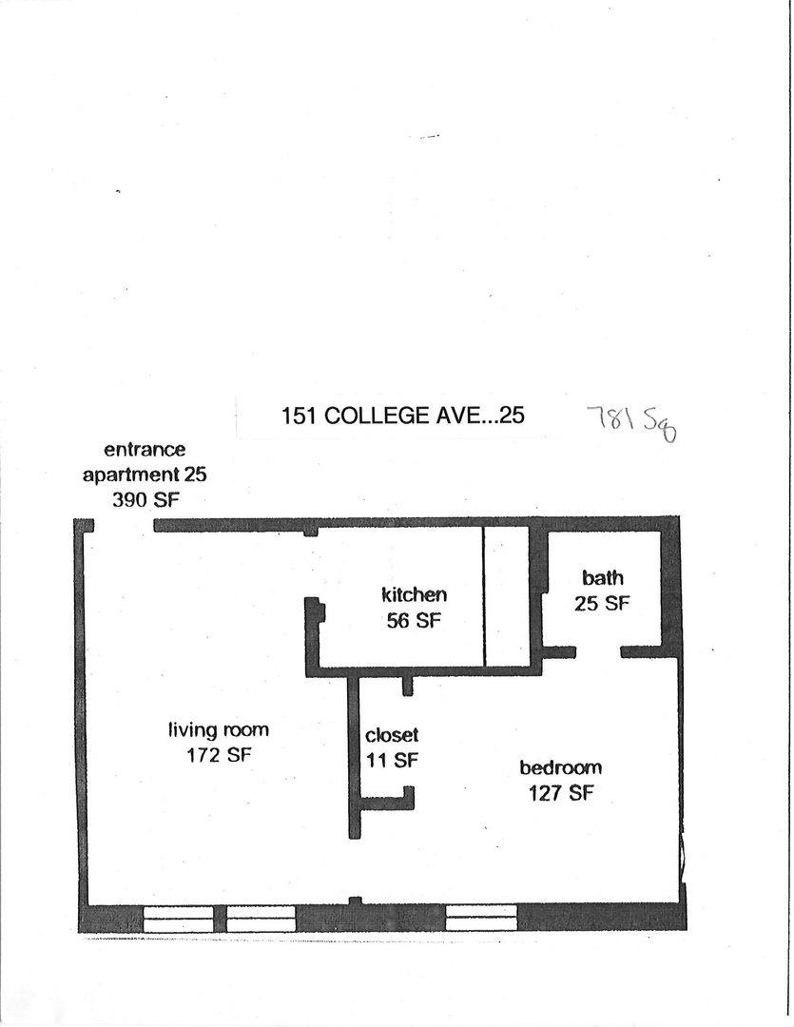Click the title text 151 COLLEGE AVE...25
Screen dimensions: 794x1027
(403, 416)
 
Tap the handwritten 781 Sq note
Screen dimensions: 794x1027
(631, 422)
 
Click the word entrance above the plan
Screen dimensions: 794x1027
(145, 449)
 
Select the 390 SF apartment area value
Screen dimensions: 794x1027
(145, 500)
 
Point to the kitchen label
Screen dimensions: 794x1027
(414, 594)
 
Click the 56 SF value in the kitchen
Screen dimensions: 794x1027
(414, 620)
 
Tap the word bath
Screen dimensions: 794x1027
(603, 578)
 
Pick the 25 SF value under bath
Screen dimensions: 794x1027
(602, 603)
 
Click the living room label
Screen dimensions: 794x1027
(219, 730)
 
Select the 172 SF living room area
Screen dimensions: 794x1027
(219, 755)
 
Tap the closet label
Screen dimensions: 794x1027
(392, 735)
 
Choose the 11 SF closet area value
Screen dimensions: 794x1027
(393, 760)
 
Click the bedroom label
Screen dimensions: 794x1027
(561, 767)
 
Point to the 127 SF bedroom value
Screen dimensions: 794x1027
(561, 793)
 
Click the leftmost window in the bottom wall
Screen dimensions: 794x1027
(178, 919)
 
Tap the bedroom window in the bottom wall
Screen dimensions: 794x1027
(481, 918)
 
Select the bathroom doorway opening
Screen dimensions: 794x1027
(598, 651)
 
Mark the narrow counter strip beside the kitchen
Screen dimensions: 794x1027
(506, 596)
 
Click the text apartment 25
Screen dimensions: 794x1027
(145, 475)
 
